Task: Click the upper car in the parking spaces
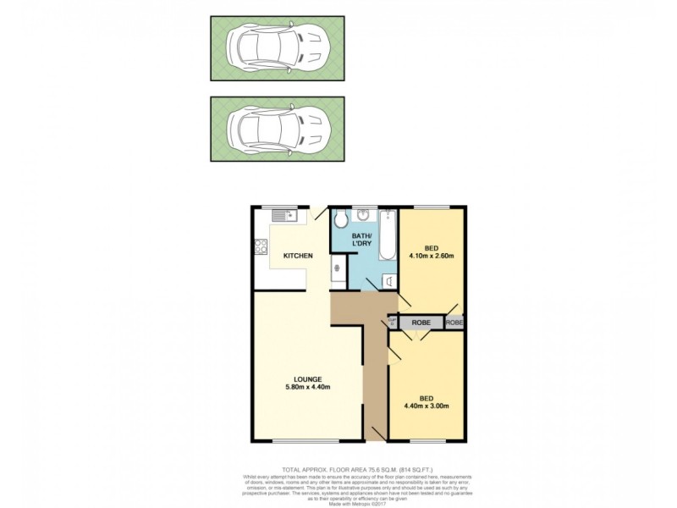coord(278,48)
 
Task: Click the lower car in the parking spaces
coord(278,129)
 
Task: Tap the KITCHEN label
coord(298,256)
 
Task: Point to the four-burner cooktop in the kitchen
coord(261,248)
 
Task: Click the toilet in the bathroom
coord(340,221)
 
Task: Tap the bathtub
coord(388,236)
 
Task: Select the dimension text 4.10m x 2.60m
coord(432,257)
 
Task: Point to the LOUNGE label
coord(307,378)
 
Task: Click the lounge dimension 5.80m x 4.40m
coord(307,387)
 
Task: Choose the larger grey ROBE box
coord(421,323)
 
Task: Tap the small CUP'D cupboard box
coord(393,322)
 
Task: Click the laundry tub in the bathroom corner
coord(388,280)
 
